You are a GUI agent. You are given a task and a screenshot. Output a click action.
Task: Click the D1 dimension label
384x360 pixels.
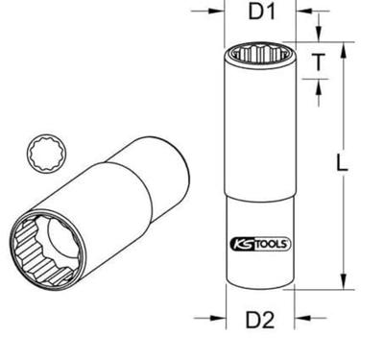(x=262, y=12)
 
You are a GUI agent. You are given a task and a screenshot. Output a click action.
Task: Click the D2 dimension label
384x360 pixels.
(x=260, y=320)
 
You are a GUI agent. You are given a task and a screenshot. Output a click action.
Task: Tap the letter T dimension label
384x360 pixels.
(x=318, y=61)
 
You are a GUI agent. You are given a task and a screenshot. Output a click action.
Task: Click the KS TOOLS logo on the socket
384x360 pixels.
(x=260, y=245)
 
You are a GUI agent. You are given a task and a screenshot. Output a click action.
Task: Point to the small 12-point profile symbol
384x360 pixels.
(x=47, y=154)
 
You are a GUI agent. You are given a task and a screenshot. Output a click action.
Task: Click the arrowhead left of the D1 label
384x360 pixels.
(x=216, y=11)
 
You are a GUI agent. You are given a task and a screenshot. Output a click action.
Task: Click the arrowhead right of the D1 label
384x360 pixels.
(x=304, y=11)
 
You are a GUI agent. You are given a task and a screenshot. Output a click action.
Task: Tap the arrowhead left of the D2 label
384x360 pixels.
(x=218, y=318)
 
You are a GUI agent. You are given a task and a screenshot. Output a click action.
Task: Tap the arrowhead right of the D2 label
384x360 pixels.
(x=302, y=318)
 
